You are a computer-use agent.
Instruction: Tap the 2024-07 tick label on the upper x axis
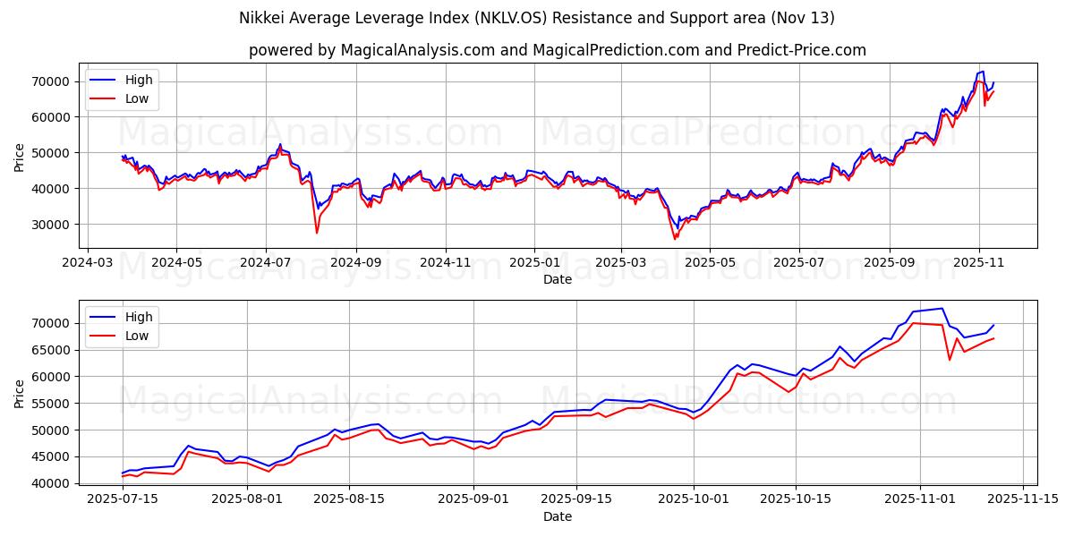(265, 263)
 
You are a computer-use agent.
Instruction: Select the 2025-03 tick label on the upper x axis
(622, 263)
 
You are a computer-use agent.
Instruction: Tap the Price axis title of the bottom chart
(20, 393)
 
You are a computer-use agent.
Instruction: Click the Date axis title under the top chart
(558, 279)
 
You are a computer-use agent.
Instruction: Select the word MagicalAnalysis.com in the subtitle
(416, 50)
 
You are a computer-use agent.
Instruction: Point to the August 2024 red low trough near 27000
(316, 233)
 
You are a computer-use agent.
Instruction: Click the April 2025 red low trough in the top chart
(675, 239)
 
